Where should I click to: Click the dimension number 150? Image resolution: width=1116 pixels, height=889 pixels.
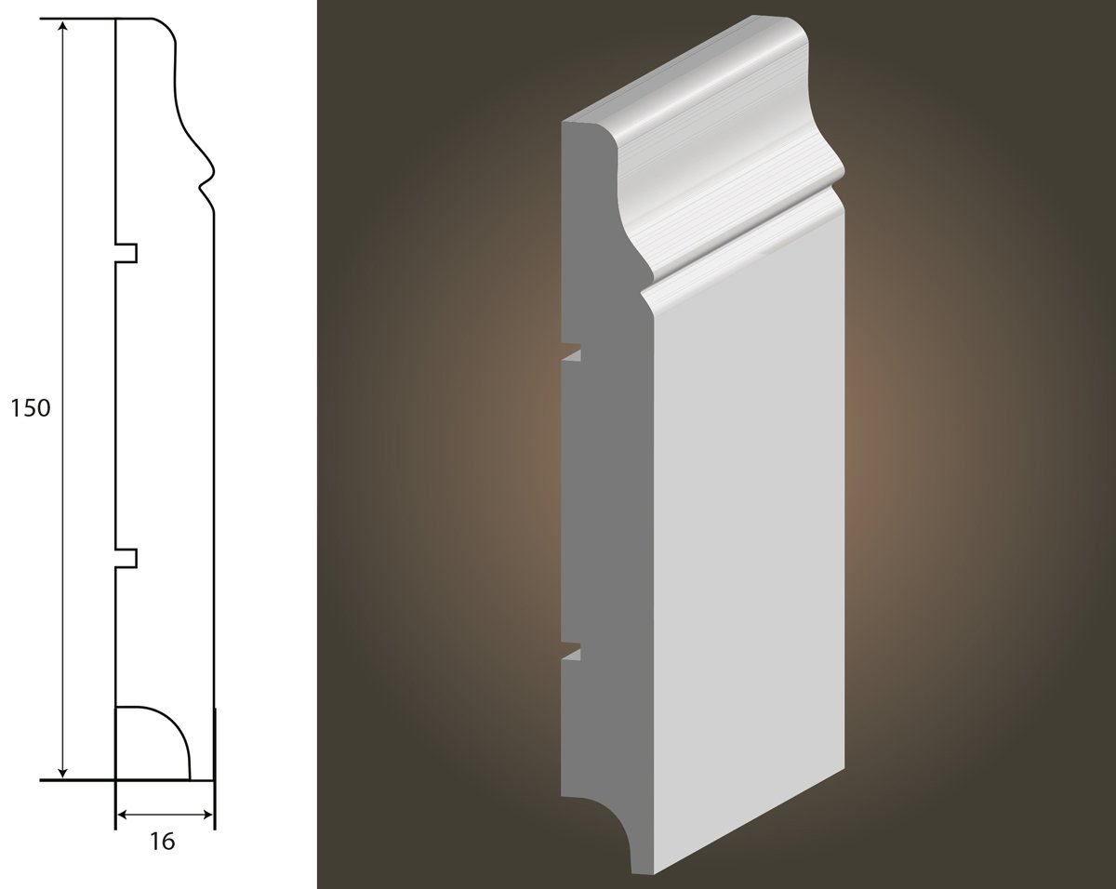tap(31, 409)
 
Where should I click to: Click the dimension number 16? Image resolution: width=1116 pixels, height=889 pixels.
tap(163, 843)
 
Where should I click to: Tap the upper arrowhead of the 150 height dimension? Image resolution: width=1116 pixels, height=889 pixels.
tap(62, 26)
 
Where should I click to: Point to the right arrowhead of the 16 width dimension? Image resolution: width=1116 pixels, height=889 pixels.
tap(206, 814)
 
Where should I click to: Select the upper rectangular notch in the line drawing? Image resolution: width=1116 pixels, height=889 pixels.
tap(126, 253)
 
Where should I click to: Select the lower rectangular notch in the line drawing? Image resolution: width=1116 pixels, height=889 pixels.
tap(126, 558)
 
